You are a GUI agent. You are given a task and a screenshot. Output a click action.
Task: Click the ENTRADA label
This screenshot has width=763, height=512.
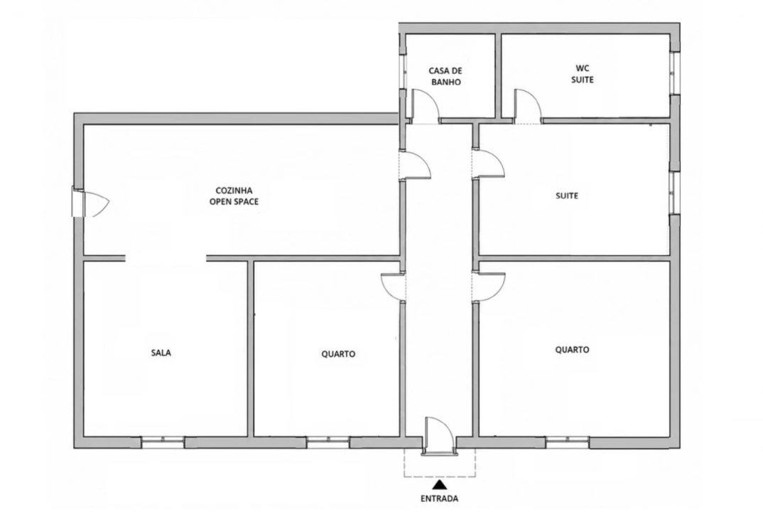click(440, 498)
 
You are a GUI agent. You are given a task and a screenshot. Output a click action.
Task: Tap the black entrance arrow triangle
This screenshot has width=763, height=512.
click(440, 484)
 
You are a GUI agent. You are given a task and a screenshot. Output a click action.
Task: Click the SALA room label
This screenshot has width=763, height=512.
click(161, 353)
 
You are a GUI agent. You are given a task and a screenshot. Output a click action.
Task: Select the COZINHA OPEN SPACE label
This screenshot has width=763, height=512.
click(234, 196)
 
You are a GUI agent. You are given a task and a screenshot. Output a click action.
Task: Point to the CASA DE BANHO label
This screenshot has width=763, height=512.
click(445, 77)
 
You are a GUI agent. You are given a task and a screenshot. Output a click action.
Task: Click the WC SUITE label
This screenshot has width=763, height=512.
click(583, 73)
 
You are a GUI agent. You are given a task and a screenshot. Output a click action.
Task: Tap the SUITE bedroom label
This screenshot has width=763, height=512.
click(567, 196)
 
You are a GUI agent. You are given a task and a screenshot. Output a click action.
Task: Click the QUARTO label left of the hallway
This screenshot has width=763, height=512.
click(338, 354)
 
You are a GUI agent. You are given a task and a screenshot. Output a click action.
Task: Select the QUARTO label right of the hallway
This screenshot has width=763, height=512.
click(573, 349)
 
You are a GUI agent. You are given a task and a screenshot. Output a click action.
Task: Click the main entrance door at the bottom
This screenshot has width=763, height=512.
click(440, 436)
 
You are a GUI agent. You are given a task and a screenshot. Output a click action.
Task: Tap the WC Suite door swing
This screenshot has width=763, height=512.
click(527, 106)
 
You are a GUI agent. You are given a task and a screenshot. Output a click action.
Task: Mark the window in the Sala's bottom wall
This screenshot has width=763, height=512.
click(163, 442)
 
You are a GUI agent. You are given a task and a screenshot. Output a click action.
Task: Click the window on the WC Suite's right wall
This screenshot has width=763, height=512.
click(674, 73)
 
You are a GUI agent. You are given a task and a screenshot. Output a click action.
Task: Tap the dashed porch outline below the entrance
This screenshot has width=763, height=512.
click(440, 476)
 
